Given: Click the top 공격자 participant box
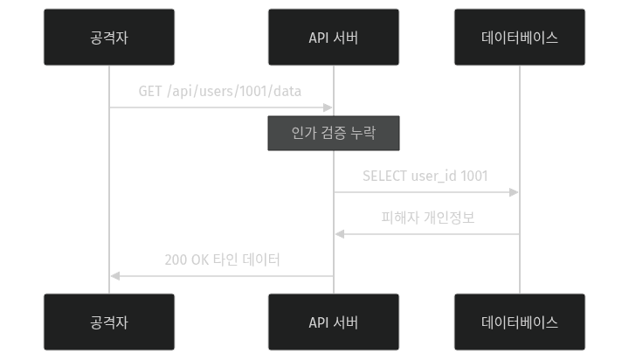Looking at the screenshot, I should (x=109, y=38).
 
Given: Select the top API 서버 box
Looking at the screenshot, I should (x=333, y=38).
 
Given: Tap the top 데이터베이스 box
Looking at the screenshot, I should (x=520, y=38).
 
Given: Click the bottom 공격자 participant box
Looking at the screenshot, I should (x=109, y=322).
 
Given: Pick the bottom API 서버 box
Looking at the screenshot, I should (x=333, y=322).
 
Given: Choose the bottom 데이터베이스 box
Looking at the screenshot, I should (x=520, y=322).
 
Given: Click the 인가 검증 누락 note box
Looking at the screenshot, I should (x=333, y=134).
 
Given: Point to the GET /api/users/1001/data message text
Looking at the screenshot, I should (x=220, y=91).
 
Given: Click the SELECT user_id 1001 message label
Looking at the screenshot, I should (x=425, y=176).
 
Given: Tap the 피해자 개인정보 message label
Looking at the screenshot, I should (x=427, y=218).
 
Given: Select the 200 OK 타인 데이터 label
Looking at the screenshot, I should (x=222, y=260).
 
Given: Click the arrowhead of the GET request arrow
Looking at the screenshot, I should (x=328, y=107).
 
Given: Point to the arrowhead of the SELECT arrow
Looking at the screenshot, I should (x=515, y=192).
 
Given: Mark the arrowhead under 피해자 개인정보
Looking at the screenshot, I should (x=339, y=234).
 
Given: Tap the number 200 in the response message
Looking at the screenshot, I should (x=175, y=260).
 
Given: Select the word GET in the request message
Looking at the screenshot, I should (x=150, y=91).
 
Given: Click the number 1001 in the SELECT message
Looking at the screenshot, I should (x=473, y=176).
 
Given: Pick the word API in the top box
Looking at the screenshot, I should (x=318, y=38).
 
